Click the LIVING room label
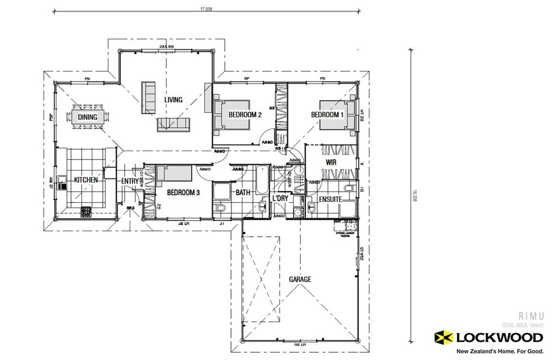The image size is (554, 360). coord(173,100)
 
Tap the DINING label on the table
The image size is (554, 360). coord(87,117)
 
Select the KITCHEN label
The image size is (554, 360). coord(86,180)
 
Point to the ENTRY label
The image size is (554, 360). coord(130,181)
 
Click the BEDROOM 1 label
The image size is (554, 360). coord(327,115)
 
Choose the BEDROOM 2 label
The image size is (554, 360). coord(245,115)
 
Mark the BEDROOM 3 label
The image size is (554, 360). coord(183,192)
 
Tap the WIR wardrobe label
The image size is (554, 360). coord(332,162)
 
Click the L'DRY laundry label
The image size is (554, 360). coord(280,199)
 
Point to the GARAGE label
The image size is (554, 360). coord(300,279)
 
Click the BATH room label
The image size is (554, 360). coord(242,193)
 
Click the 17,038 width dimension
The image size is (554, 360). coord(206,9)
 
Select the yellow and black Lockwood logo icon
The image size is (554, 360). coord(443,337)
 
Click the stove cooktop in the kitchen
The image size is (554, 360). coord(86,212)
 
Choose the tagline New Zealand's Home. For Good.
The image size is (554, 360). coord(499,351)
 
